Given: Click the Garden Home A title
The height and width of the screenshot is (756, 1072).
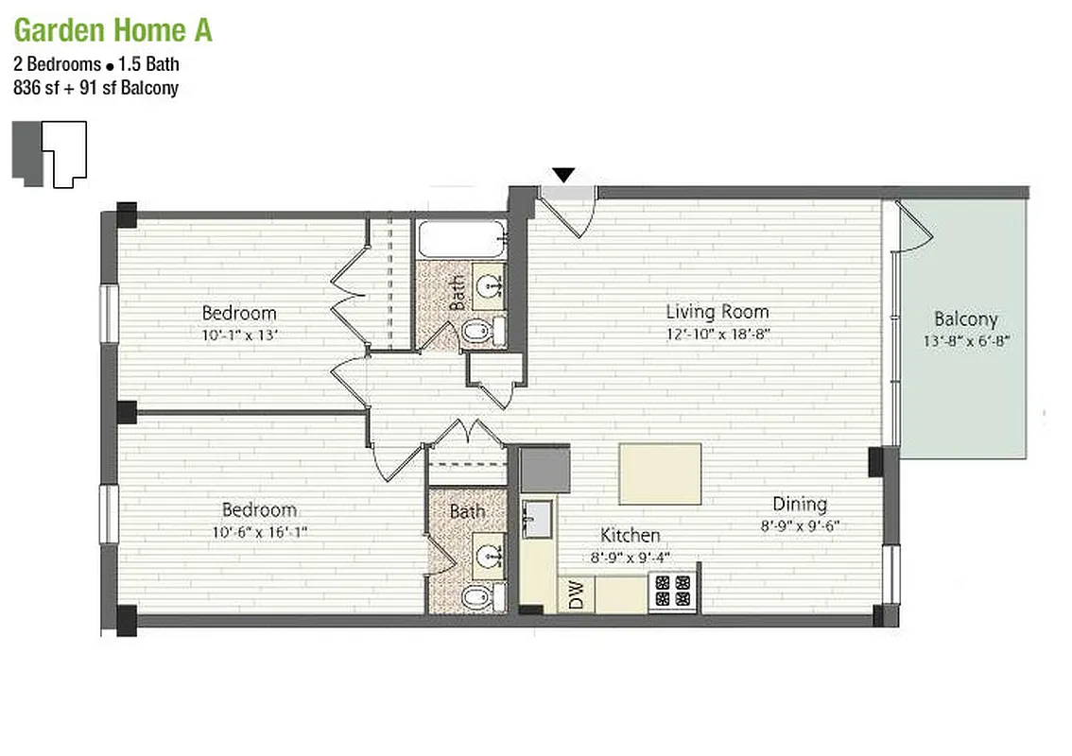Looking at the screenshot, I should tap(112, 30).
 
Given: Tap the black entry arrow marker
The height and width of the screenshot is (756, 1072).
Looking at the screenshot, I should tap(563, 175).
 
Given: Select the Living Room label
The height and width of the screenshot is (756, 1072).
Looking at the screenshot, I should tap(717, 311).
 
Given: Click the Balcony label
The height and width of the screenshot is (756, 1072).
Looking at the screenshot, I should tap(965, 319).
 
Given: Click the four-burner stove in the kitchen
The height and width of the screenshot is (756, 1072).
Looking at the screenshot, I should tap(673, 592).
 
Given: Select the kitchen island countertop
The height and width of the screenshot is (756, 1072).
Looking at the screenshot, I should tap(660, 473).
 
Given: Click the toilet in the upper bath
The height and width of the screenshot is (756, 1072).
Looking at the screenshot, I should tap(478, 331).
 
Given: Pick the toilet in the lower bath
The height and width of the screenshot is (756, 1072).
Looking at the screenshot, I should tap(478, 596).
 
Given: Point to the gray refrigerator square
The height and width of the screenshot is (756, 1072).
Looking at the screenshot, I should tap(545, 470).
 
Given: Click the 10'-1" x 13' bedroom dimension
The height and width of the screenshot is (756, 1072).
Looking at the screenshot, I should tap(239, 334).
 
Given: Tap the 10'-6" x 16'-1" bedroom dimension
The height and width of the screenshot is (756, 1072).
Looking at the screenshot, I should tap(260, 532).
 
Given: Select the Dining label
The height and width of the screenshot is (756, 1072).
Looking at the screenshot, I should tap(800, 504).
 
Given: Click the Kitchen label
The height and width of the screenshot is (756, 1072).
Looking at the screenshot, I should tap(631, 536).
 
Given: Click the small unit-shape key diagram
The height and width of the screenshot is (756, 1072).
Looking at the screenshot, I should tap(50, 153).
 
